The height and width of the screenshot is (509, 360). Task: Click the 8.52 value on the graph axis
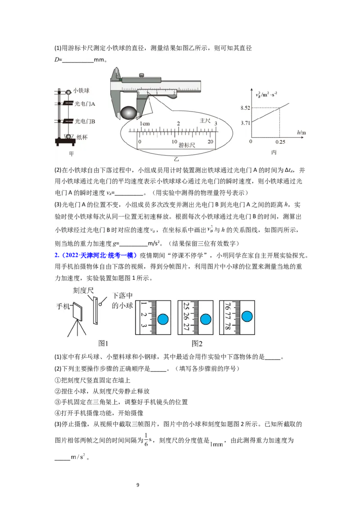tap(245, 108)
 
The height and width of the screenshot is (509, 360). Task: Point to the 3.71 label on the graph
tap(245, 123)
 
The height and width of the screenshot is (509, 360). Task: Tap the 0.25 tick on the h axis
tap(280, 142)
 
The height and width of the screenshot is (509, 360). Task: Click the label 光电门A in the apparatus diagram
tap(85, 104)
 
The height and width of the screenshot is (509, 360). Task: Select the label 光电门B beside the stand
tap(85, 121)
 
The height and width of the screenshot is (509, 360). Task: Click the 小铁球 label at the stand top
tap(81, 91)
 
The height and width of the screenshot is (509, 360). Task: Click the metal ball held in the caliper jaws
tap(128, 112)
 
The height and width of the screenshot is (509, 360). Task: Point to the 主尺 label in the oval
tap(205, 121)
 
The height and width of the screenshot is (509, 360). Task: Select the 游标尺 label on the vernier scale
tap(187, 145)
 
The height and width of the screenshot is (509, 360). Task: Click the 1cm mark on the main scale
tap(144, 124)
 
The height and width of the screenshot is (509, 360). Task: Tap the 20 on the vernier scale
tap(210, 142)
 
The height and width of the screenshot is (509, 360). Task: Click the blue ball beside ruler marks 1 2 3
tap(163, 319)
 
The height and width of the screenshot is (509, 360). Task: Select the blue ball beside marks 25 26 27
tap(206, 319)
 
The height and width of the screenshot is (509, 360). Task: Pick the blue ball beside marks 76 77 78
tap(247, 316)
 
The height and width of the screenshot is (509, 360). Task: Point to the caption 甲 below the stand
tap(71, 154)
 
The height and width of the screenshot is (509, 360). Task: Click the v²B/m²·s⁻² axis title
tap(266, 95)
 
